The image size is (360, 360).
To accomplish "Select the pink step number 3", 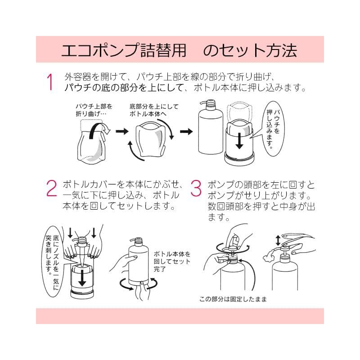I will (196, 188).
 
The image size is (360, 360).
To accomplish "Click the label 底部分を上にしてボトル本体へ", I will (154, 110).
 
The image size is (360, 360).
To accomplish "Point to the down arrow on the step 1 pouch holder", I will (239, 140).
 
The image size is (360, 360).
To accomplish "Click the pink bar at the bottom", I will (180, 316).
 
